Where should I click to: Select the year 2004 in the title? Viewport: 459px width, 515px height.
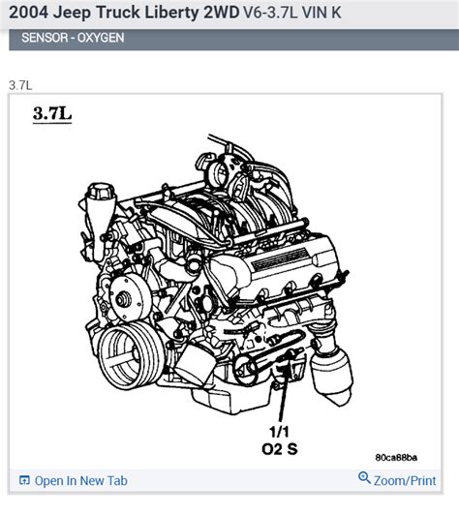click(31, 15)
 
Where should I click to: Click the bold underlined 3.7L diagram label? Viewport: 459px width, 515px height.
click(51, 114)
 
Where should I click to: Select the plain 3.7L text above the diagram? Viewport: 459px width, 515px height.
click(21, 85)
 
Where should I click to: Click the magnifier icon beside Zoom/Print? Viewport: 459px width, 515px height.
click(364, 479)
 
